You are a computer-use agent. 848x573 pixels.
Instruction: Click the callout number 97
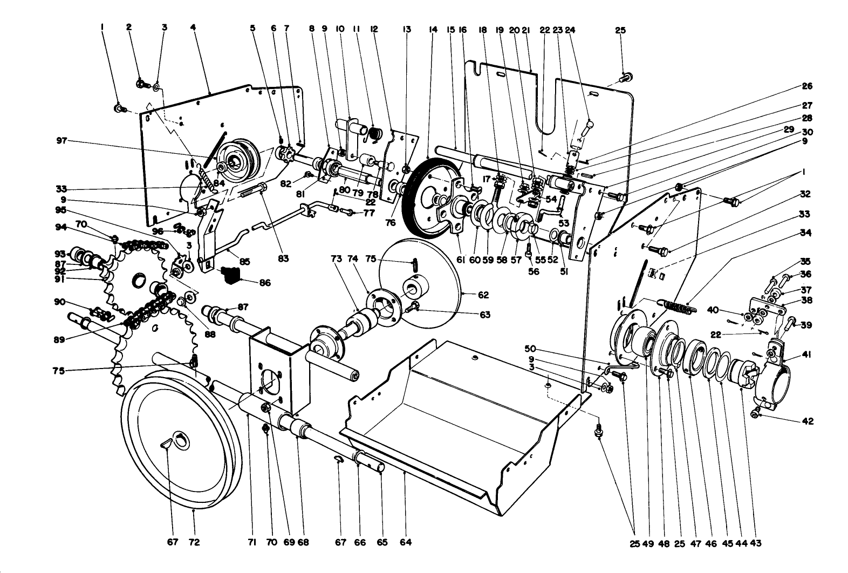point(61,141)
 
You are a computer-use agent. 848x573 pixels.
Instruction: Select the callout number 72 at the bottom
point(194,542)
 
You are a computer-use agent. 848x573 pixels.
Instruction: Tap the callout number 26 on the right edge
point(806,86)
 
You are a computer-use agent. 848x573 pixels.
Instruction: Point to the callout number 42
point(808,421)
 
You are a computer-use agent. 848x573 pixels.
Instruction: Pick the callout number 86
point(265,282)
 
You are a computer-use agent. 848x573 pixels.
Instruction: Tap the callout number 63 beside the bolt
point(484,315)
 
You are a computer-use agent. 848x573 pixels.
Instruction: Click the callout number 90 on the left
point(60,302)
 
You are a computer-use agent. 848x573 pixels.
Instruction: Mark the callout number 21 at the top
point(526,30)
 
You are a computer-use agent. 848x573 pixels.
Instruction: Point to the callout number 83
point(283,258)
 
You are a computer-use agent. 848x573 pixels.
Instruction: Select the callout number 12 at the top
point(373,30)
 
